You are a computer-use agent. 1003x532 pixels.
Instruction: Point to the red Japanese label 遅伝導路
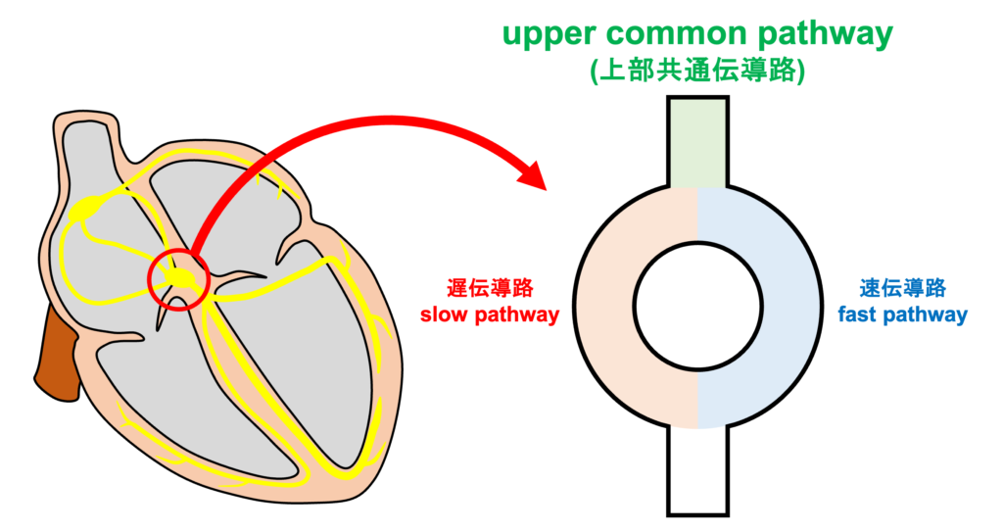click(490, 288)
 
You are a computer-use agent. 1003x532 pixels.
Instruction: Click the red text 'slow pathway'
click(490, 314)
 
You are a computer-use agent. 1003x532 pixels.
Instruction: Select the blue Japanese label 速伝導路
click(902, 288)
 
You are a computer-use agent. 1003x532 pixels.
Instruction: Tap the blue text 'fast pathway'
click(902, 314)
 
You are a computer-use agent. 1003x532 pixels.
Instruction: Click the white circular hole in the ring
click(697, 307)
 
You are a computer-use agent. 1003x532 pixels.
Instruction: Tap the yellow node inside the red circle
click(181, 278)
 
